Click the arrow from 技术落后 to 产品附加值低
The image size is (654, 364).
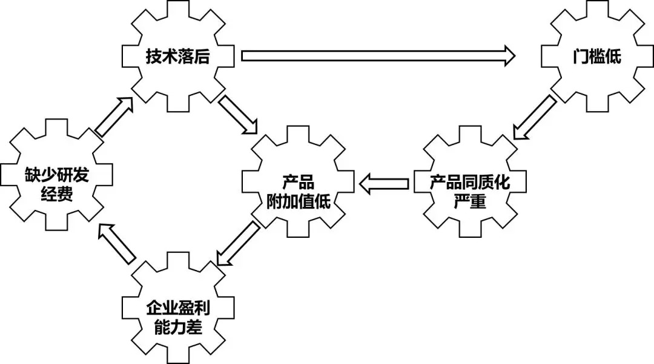click(238, 114)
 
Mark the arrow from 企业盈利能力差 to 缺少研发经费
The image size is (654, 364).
click(117, 243)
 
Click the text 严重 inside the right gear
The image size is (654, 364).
click(470, 201)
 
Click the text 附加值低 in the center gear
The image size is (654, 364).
click(299, 201)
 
